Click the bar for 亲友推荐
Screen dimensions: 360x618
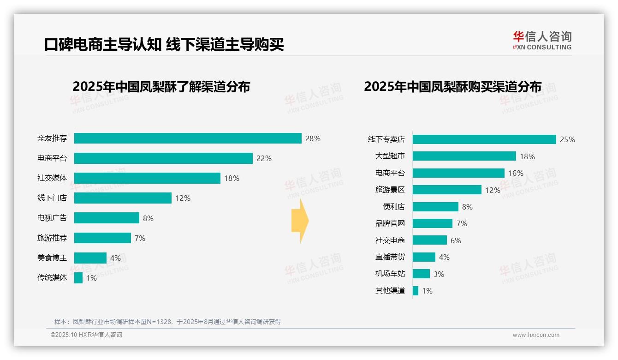[x=188, y=138]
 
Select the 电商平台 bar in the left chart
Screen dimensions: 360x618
[x=163, y=158]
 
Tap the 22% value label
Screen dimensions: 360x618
[x=264, y=158]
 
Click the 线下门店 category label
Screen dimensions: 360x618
[x=52, y=198]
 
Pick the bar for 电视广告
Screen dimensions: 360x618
[x=107, y=218]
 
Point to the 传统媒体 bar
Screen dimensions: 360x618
[x=78, y=278]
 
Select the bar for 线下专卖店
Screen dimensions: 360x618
[x=484, y=139]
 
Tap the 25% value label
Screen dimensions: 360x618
[x=567, y=139]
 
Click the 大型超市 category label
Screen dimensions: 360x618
[x=390, y=156]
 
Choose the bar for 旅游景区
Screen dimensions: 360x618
[x=447, y=190]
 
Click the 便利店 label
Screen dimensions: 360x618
[x=394, y=207]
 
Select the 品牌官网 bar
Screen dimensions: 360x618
[x=433, y=223]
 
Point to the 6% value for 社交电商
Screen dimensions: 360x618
[x=456, y=240]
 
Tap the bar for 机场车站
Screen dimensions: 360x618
[x=421, y=274]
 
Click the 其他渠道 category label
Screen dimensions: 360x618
[x=390, y=291]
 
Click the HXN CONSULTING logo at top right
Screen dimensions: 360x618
[x=542, y=41]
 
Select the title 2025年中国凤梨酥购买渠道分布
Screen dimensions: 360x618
[x=452, y=87]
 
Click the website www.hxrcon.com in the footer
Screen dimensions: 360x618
[x=536, y=335]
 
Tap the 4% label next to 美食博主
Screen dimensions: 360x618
[x=115, y=258]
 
